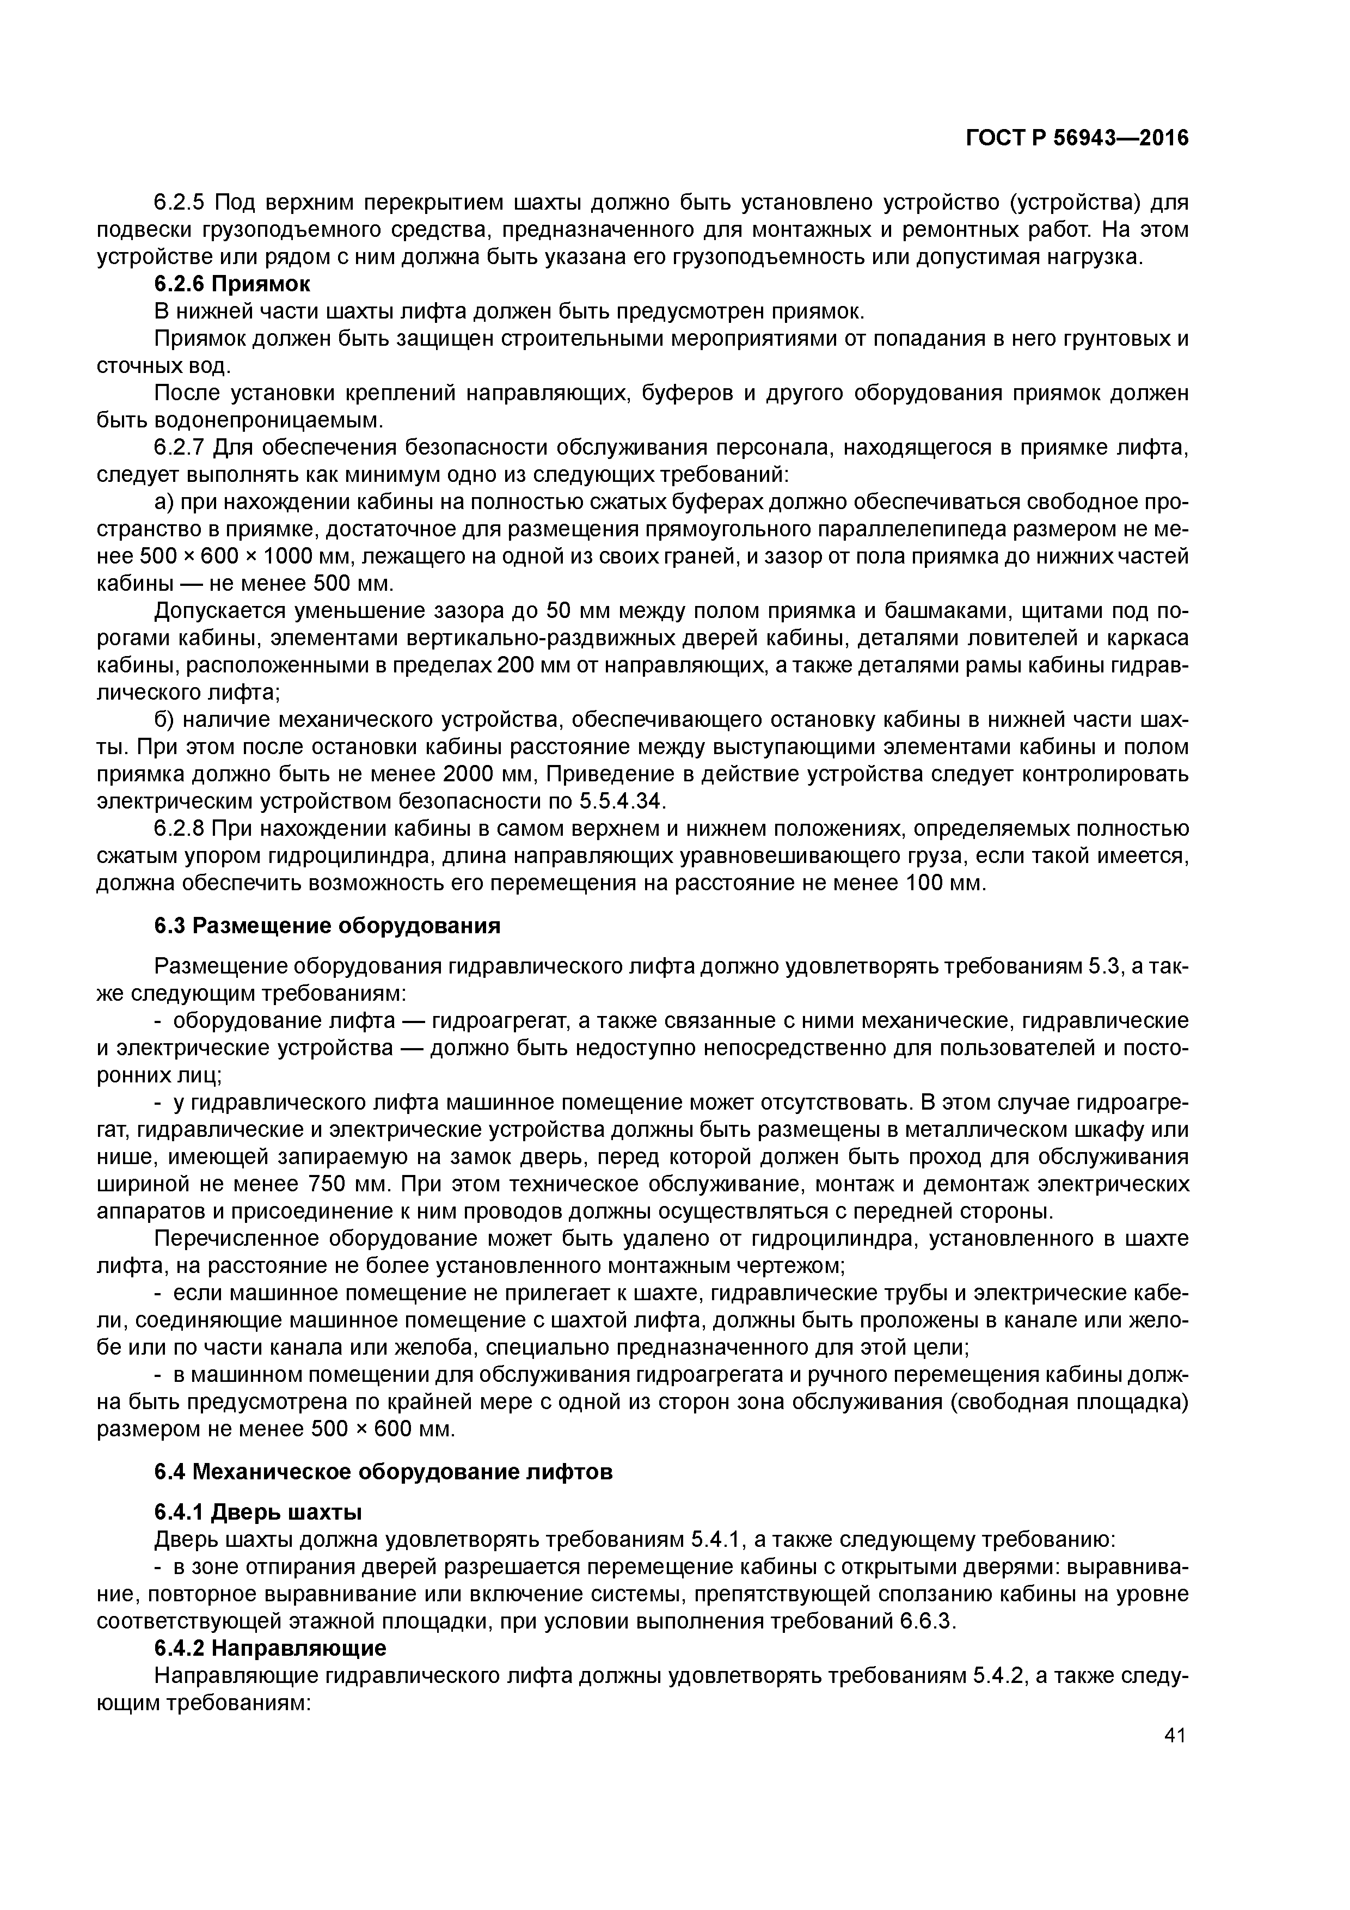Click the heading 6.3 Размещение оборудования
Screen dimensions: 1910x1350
pos(328,926)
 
